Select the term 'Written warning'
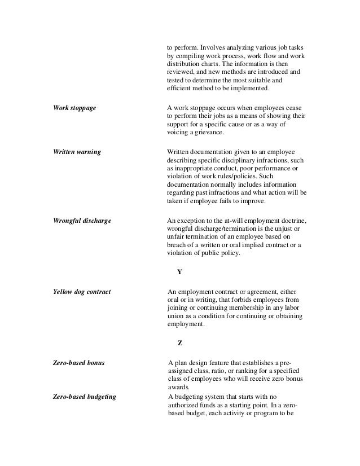click(x=77, y=152)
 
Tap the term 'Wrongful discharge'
click(x=81, y=221)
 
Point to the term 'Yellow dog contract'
click(x=81, y=292)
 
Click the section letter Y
click(x=179, y=272)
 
